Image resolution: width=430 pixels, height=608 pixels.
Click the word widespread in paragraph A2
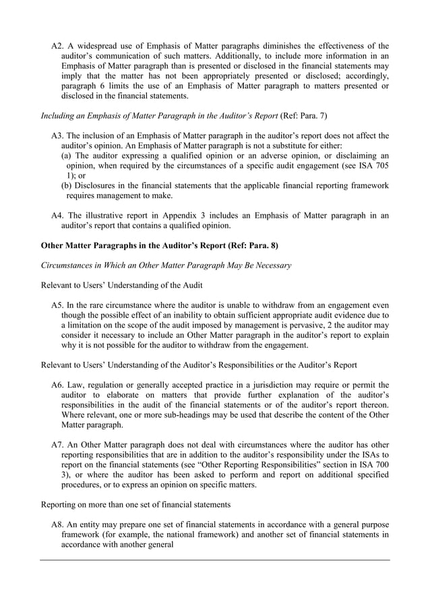(100, 46)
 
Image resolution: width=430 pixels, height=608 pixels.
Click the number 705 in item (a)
(379, 166)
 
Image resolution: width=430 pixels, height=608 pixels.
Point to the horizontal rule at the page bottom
(215, 559)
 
